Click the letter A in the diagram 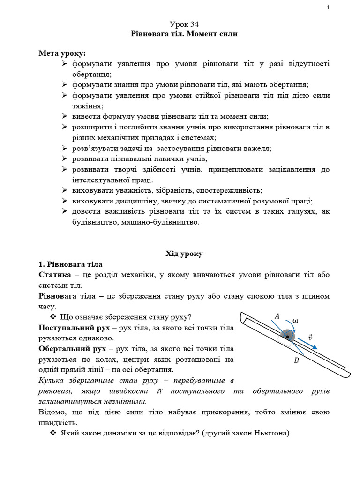(x=277, y=317)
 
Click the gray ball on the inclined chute (x=287, y=335)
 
